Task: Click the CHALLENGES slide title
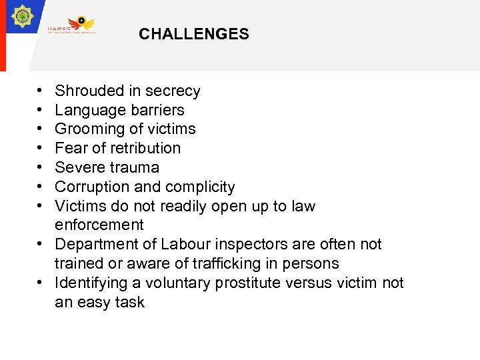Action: click(x=194, y=34)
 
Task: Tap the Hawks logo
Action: click(x=72, y=25)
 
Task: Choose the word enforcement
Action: click(x=99, y=225)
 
